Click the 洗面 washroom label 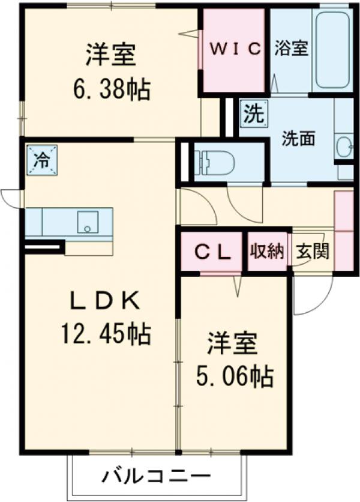299,139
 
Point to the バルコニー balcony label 155,478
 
